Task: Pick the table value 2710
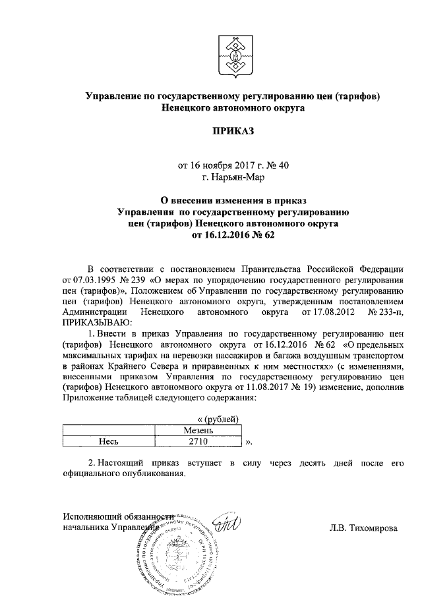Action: click(x=198, y=441)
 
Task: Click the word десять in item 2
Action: click(x=310, y=464)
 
